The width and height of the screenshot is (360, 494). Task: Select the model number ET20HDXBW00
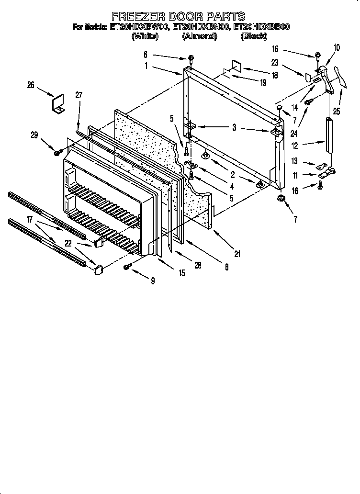[139, 27]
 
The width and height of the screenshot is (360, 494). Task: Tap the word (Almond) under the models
[199, 36]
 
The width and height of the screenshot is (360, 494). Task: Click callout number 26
[31, 85]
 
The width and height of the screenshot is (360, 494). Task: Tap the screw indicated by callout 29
[58, 153]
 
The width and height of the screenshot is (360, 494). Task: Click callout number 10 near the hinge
[337, 47]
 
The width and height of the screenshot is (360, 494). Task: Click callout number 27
[79, 95]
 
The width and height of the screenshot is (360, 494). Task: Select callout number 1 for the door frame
[146, 67]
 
